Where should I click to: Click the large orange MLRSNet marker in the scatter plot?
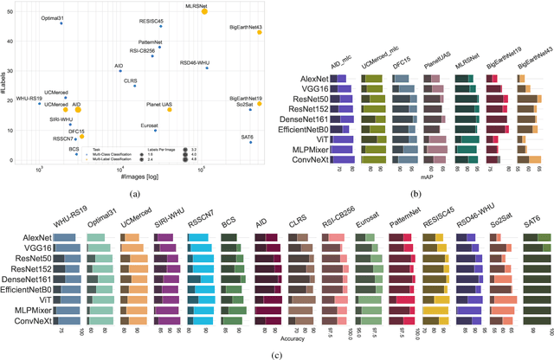(204, 11)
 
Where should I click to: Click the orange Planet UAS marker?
(170, 110)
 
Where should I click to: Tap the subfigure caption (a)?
(134, 193)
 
